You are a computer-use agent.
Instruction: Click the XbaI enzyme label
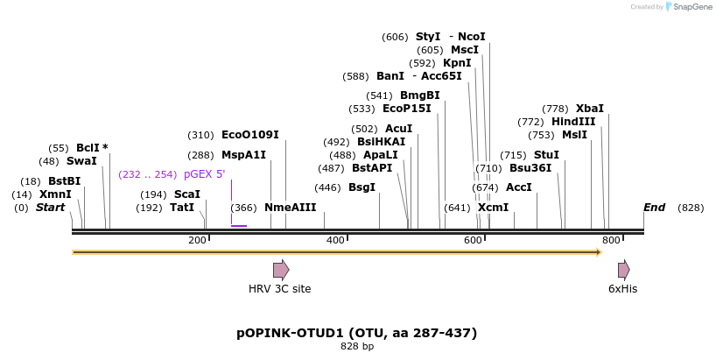pos(590,109)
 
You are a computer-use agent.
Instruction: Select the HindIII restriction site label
pos(573,122)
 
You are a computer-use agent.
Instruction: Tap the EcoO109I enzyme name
pos(249,135)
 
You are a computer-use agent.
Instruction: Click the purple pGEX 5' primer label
pos(204,174)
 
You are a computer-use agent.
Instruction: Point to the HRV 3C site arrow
pos(281,270)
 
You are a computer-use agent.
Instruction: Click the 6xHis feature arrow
pos(623,270)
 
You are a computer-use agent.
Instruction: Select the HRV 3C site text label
pos(279,289)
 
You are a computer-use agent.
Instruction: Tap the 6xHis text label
pos(622,289)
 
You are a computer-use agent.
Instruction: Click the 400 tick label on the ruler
pos(335,240)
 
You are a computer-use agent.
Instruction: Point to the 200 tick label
pos(197,240)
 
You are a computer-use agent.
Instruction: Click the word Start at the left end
pos(51,208)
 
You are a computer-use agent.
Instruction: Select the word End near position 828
pos(654,208)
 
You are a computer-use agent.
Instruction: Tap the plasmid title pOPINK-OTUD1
pos(356,333)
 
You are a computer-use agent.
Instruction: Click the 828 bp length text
pos(356,347)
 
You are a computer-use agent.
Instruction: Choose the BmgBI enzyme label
pos(419,95)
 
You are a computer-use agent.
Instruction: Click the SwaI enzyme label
pos(81,161)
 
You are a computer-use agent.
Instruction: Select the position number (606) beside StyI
pos(395,37)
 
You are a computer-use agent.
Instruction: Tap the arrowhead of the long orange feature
pos(599,252)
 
